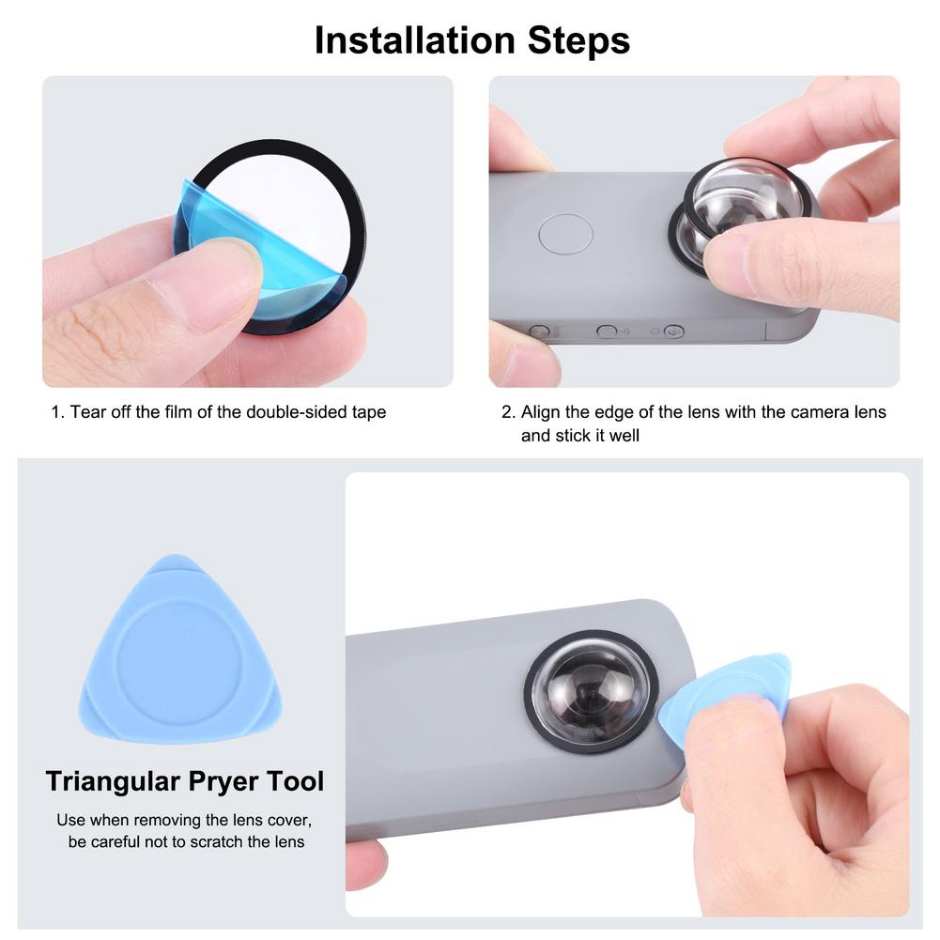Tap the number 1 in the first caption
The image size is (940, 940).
(56, 412)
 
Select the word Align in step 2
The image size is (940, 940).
(542, 412)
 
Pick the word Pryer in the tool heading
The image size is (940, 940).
(225, 781)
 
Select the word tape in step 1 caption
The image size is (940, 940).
(367, 412)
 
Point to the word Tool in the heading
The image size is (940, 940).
(297, 781)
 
